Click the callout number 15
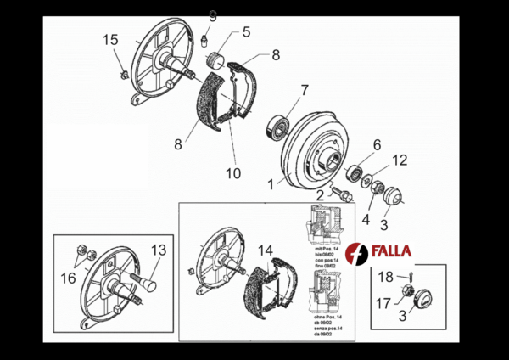click(x=111, y=40)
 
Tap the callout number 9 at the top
click(x=212, y=16)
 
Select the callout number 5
click(x=246, y=32)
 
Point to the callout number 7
click(x=304, y=89)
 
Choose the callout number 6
click(x=377, y=144)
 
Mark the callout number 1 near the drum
click(x=271, y=183)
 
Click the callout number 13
click(x=159, y=250)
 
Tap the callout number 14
click(x=266, y=250)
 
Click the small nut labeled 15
click(x=124, y=75)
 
